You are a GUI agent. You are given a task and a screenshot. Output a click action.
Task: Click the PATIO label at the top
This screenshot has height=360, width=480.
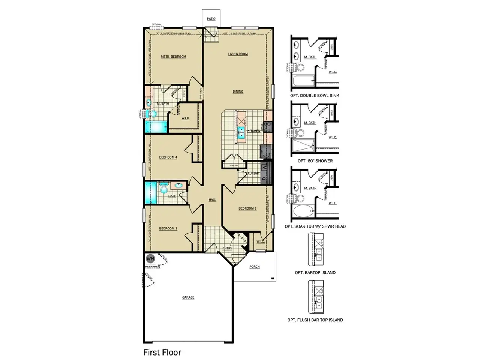[211, 19]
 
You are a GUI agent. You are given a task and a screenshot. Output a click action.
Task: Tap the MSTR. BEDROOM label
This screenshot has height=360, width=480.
[173, 57]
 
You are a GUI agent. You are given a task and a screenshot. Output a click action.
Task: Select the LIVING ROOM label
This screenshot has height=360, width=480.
[238, 54]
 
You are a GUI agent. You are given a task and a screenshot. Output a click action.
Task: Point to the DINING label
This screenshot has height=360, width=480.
[238, 91]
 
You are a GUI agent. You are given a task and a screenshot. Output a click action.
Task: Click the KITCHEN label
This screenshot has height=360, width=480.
[254, 131]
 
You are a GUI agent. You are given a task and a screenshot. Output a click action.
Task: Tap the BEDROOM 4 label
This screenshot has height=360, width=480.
[168, 157]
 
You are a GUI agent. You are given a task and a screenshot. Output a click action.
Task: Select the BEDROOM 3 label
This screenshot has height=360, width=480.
[168, 229]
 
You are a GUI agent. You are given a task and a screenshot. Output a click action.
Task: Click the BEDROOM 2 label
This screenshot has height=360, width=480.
[247, 208]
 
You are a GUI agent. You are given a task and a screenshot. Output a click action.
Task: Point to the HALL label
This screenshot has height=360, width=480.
[213, 200]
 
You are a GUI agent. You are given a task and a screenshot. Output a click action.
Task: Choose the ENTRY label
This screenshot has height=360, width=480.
[227, 248]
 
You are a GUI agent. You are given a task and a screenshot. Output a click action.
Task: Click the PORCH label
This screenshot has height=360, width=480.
[255, 267]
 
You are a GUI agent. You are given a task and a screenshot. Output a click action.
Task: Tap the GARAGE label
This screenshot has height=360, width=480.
[188, 297]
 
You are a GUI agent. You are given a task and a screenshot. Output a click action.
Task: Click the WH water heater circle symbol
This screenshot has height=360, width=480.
[150, 258]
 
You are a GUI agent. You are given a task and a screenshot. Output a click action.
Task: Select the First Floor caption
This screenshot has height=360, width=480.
[162, 352]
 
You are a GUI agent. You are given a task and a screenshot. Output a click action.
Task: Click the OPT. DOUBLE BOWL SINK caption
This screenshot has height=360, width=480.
[315, 96]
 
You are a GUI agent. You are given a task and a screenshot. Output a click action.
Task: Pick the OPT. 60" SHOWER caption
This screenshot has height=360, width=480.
[315, 161]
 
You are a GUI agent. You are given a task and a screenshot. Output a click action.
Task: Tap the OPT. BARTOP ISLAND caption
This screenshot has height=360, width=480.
[315, 273]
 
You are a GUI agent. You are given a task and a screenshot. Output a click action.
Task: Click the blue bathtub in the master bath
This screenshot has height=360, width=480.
[156, 127]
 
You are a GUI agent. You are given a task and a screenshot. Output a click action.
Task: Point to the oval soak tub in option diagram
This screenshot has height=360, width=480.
[303, 211]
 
